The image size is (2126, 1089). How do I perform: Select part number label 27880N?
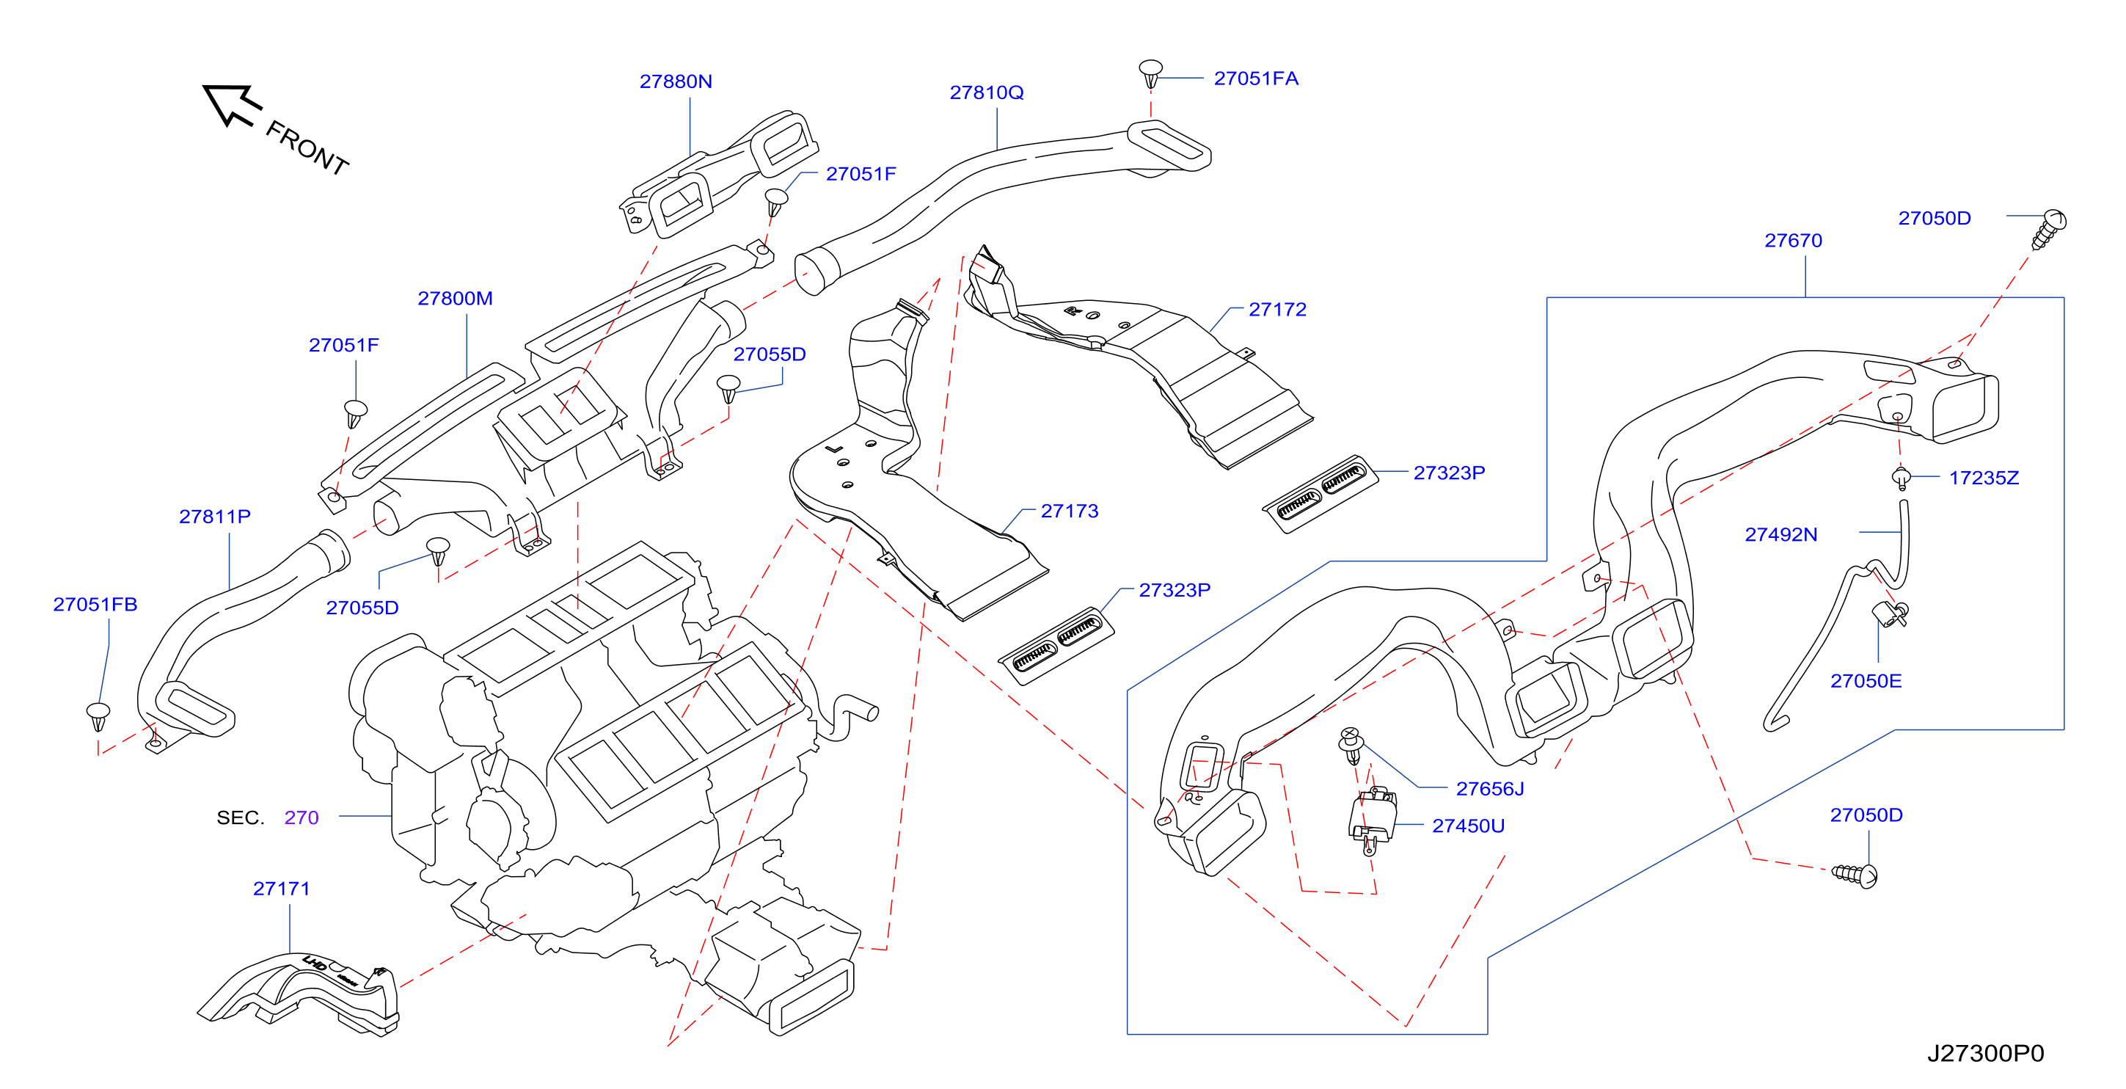coord(675,81)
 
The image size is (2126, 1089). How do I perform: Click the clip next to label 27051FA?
coord(1150,73)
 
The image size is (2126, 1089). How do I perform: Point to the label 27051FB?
coord(95,605)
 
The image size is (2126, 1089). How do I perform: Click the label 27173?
coord(1069,511)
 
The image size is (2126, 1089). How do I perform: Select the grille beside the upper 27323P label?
coord(1320,494)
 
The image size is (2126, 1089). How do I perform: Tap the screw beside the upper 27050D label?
coord(2048,229)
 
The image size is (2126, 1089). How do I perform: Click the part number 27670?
coord(1793,241)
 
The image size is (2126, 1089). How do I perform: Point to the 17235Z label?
coord(1983,478)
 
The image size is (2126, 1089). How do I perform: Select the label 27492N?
coord(1780,535)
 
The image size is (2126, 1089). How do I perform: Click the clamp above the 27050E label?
coord(1889,613)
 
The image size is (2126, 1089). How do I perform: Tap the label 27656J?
coord(1489,790)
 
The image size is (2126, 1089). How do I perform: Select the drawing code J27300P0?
coord(1985,1054)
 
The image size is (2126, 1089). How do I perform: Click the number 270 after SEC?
coord(302,817)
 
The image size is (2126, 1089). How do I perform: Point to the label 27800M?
coord(455,299)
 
